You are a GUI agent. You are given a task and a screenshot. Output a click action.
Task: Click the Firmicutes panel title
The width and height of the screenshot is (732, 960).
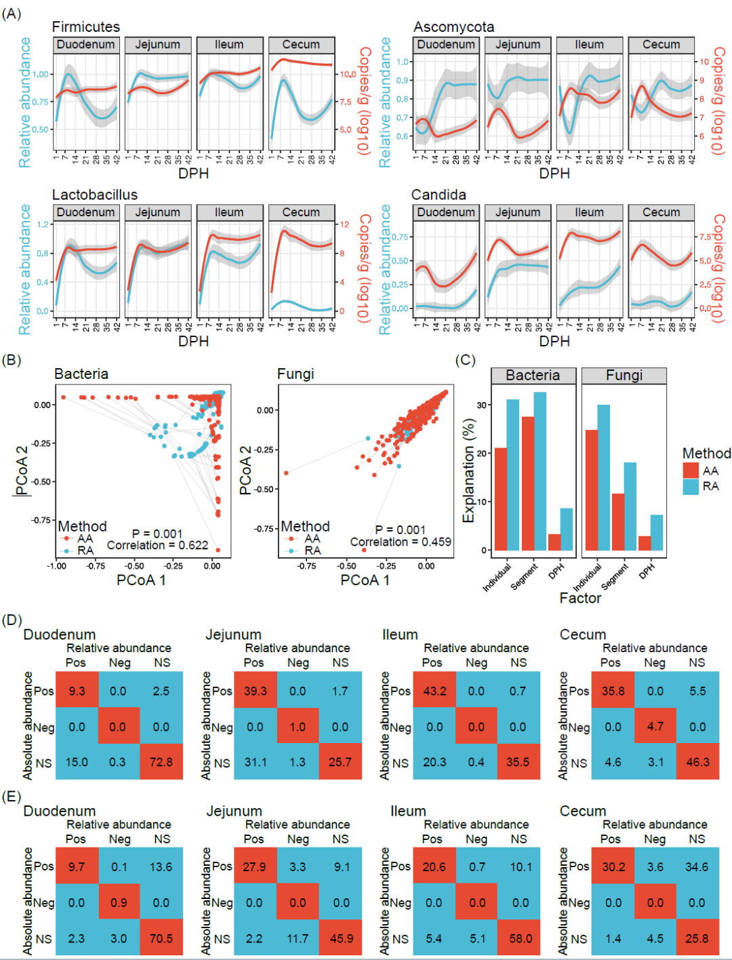(x=86, y=27)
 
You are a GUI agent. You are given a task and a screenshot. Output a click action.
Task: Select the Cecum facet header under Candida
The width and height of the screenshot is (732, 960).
(x=661, y=212)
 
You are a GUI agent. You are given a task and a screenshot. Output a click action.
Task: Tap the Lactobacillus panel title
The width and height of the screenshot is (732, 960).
(x=95, y=195)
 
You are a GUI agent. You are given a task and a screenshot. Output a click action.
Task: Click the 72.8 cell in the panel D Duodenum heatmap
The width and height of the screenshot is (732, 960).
(x=161, y=762)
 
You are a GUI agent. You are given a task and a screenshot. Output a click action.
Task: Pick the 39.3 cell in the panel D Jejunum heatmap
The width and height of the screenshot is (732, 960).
(x=255, y=691)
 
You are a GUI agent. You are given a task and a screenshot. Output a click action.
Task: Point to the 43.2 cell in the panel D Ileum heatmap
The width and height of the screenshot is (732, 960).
(x=434, y=691)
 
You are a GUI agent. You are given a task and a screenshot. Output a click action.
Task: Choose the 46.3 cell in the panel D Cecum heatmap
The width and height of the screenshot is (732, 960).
(x=697, y=762)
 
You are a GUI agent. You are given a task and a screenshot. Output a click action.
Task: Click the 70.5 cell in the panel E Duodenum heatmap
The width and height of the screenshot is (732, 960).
(x=161, y=938)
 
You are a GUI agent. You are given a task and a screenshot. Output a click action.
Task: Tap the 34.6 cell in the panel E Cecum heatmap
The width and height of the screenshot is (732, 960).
(x=697, y=866)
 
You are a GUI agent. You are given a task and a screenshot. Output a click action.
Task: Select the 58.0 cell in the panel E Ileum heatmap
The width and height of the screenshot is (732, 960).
(x=521, y=938)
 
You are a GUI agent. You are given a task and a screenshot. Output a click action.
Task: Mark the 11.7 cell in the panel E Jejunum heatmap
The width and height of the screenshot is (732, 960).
(x=298, y=938)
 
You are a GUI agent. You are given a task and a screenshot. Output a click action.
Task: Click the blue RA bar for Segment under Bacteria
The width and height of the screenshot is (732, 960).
(x=540, y=471)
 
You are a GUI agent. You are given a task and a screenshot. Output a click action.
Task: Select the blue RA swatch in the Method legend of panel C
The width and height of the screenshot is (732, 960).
(x=691, y=486)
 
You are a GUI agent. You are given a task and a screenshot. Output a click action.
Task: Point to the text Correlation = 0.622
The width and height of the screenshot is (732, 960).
(x=157, y=545)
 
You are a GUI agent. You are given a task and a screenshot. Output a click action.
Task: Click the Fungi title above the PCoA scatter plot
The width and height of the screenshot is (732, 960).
(x=296, y=374)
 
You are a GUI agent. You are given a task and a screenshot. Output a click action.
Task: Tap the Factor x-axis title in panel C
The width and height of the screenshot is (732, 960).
(x=580, y=598)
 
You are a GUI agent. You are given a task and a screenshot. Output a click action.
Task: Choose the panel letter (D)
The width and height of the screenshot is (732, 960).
(x=12, y=620)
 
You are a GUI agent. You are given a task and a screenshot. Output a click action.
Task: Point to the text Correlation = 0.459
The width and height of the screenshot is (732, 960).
(x=401, y=542)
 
